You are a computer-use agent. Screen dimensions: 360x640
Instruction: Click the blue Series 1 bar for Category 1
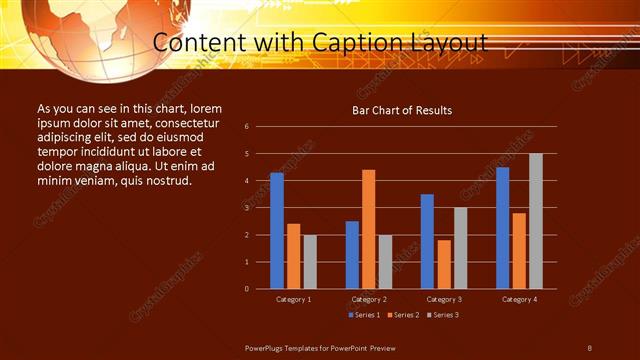click(x=277, y=231)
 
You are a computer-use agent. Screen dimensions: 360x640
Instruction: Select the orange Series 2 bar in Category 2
click(x=368, y=229)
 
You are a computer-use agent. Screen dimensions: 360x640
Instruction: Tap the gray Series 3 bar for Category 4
click(x=535, y=221)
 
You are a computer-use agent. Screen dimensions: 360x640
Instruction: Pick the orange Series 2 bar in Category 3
click(x=443, y=264)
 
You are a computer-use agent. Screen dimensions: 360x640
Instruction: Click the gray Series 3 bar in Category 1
click(x=310, y=262)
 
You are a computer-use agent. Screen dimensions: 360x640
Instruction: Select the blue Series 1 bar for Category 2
click(x=352, y=255)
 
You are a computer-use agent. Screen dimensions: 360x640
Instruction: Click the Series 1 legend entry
click(x=364, y=315)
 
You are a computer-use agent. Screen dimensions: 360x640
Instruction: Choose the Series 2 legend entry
click(x=403, y=315)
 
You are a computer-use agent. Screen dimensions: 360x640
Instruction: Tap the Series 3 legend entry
click(x=442, y=315)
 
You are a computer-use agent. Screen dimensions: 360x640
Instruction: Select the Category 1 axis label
click(x=293, y=299)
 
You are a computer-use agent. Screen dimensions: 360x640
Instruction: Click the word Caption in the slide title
click(x=364, y=43)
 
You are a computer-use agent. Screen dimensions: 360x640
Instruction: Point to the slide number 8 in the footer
click(x=589, y=346)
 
